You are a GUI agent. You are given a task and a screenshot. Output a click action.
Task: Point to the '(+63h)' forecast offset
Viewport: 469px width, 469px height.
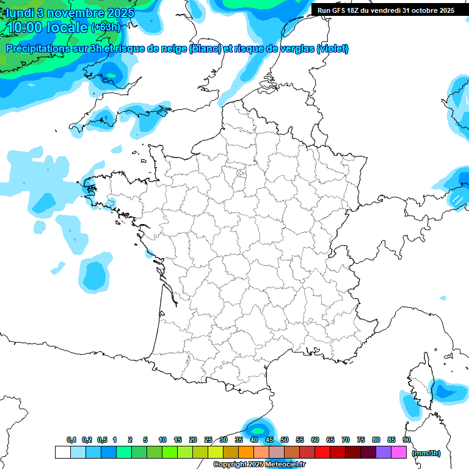(x=106, y=27)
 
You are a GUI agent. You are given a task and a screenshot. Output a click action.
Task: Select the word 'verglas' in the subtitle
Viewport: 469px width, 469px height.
(x=293, y=49)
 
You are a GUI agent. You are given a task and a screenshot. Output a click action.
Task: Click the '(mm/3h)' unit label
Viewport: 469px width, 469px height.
(x=426, y=453)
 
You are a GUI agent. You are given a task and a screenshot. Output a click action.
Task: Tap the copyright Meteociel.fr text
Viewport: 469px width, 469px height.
(x=260, y=465)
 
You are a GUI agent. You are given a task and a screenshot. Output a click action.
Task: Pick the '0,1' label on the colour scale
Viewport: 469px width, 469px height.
(x=71, y=440)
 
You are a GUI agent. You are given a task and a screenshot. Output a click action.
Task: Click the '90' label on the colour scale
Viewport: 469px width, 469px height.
(x=407, y=440)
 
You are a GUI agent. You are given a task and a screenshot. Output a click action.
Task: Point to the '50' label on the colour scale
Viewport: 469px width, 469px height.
(x=285, y=440)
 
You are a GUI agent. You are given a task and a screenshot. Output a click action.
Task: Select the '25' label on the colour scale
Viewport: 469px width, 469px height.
(x=208, y=440)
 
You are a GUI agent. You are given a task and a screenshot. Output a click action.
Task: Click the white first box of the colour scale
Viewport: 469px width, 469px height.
(x=62, y=453)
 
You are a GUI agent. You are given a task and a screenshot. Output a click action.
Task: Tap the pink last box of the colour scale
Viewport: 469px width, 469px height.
(x=399, y=453)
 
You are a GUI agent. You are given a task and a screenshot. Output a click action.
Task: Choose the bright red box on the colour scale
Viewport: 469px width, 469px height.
(x=322, y=453)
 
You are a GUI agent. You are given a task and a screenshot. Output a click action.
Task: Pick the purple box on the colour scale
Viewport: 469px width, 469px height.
(x=384, y=453)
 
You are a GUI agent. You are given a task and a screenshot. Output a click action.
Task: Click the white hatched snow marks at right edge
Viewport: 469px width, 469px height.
(x=457, y=199)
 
